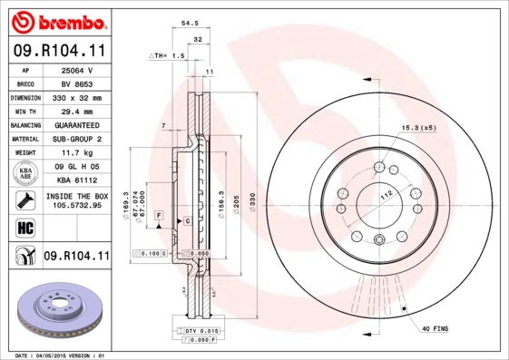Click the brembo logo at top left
pyautogui.click(x=59, y=21)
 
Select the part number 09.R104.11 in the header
pyautogui.click(x=59, y=53)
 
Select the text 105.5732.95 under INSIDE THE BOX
pyautogui.click(x=76, y=206)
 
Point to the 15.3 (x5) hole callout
pyautogui.click(x=418, y=128)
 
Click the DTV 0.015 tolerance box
pyautogui.click(x=201, y=332)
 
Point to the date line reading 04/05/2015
pyautogui.click(x=62, y=355)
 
